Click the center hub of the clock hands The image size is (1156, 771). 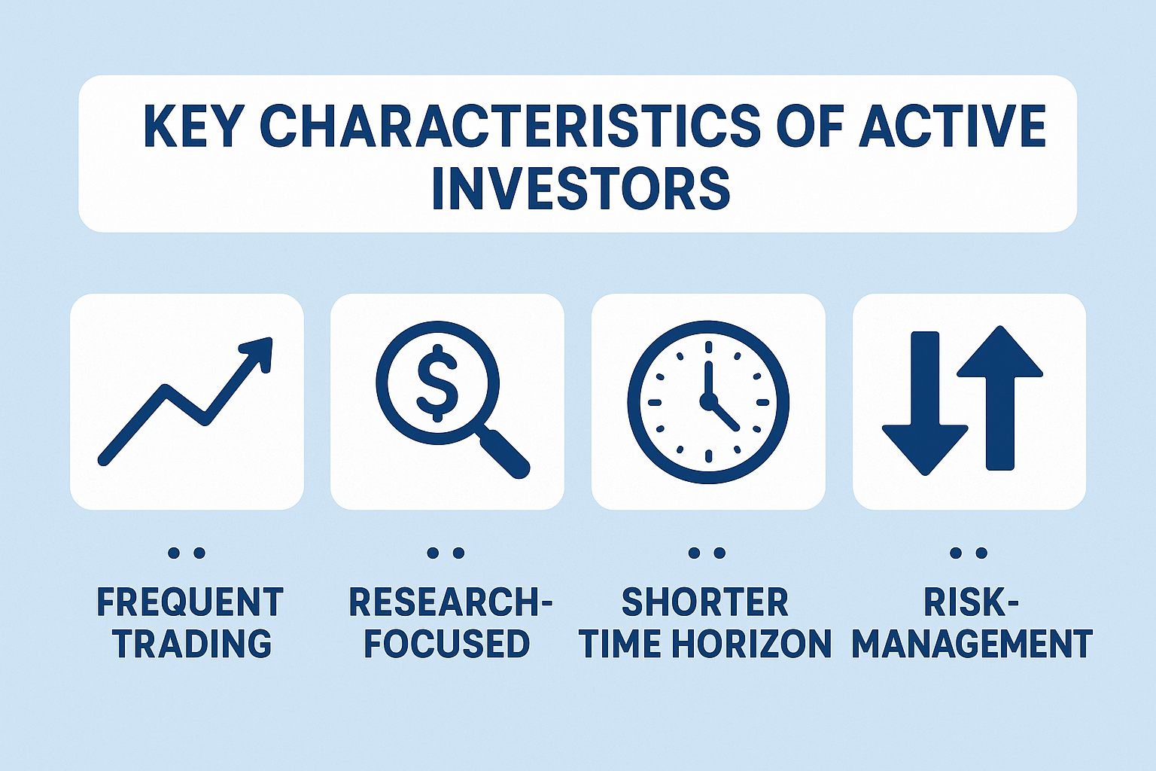coord(707,401)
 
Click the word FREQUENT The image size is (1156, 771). coord(190,603)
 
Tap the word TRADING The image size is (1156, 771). coord(193,645)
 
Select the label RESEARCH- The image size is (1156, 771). coord(449,603)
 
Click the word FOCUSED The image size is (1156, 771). coord(447,645)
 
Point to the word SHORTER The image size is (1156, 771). coord(704,603)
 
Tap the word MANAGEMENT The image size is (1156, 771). coord(972,645)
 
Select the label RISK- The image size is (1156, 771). coord(971,603)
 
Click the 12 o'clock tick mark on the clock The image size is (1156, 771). coord(708,347)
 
